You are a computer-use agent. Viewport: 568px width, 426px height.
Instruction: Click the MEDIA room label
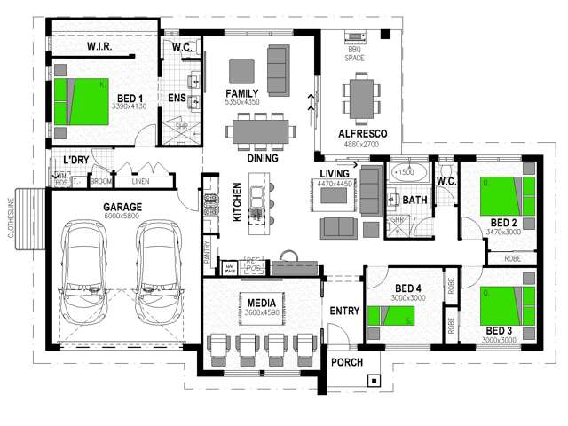pos(259,302)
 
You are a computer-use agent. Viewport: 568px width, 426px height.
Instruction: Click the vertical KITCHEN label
pos(237,201)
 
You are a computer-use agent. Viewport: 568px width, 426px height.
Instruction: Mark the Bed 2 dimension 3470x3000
pos(503,232)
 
